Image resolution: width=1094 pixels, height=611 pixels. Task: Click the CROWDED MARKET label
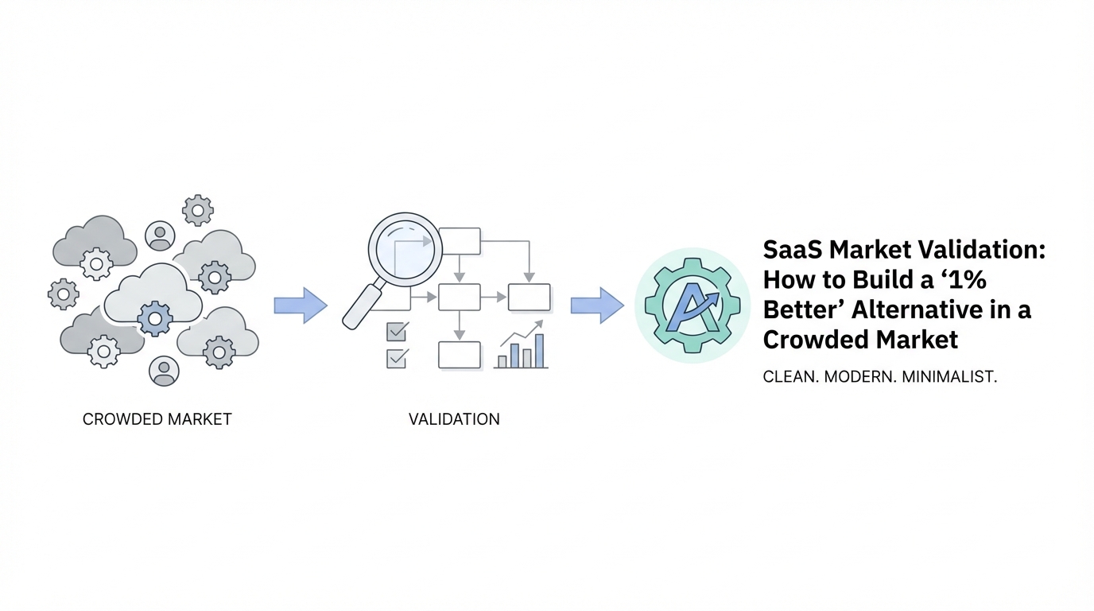[x=157, y=419]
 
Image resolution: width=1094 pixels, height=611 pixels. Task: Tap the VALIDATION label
[x=454, y=419]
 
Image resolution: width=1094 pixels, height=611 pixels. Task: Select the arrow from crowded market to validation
[x=300, y=305]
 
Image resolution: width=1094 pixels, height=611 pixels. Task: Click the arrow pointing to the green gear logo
[x=597, y=305]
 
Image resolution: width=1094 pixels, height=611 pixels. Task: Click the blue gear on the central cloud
[x=154, y=319]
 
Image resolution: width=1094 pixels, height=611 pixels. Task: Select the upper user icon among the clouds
[x=161, y=235]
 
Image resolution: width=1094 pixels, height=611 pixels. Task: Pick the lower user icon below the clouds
[x=164, y=371]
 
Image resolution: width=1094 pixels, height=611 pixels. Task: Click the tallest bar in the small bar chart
[x=540, y=351]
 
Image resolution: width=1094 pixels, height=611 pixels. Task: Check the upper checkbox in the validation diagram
[x=396, y=331]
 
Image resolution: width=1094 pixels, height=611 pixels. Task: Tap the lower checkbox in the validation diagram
[x=396, y=358]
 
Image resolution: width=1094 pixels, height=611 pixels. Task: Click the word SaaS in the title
[x=792, y=250]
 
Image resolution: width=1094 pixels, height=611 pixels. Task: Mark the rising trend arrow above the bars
[x=522, y=334]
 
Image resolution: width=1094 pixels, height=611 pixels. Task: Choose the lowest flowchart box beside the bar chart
[x=460, y=355]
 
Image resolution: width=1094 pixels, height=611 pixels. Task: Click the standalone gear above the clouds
[x=197, y=210]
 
